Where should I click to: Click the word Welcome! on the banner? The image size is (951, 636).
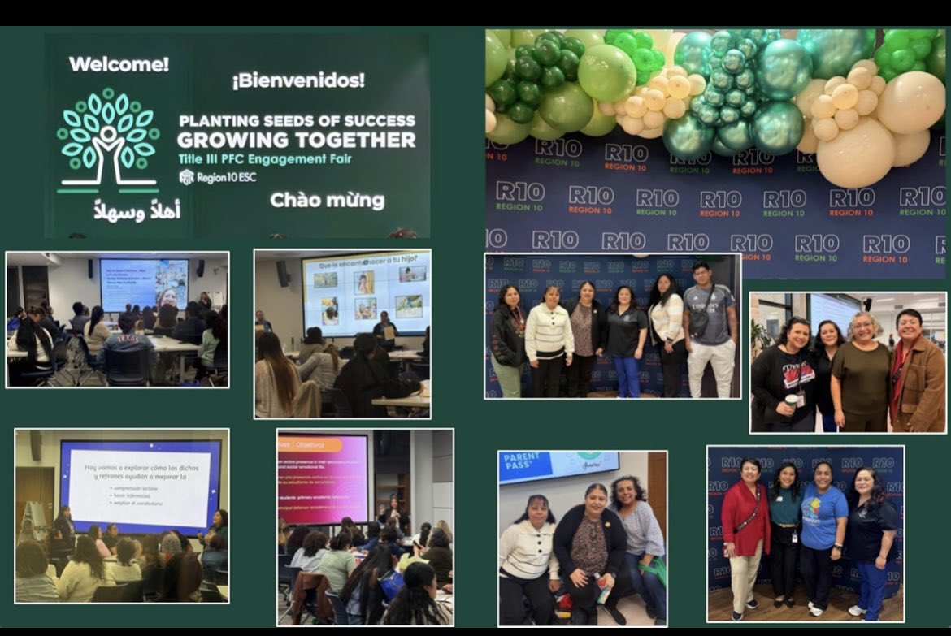(x=119, y=64)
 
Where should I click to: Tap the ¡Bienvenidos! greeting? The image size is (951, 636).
(x=298, y=80)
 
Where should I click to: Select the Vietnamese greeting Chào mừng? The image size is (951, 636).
(x=327, y=200)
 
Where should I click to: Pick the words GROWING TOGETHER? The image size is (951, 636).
(x=296, y=140)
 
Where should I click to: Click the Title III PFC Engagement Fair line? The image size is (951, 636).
(x=266, y=158)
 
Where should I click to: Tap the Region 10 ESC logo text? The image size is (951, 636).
(x=217, y=177)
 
